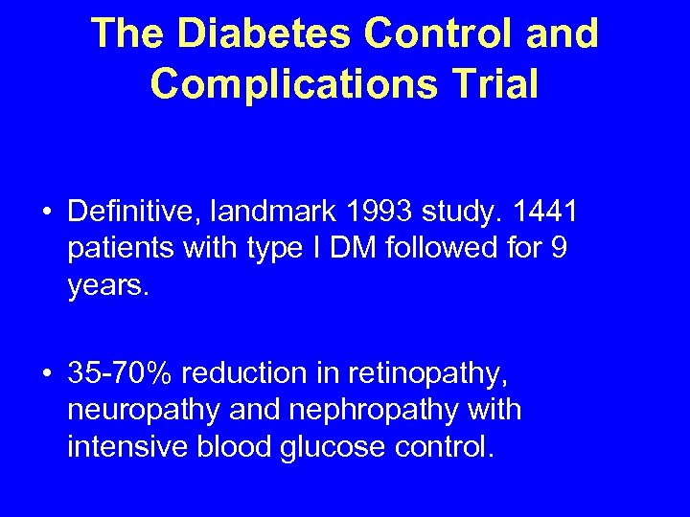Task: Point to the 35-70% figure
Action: [x=123, y=371]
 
